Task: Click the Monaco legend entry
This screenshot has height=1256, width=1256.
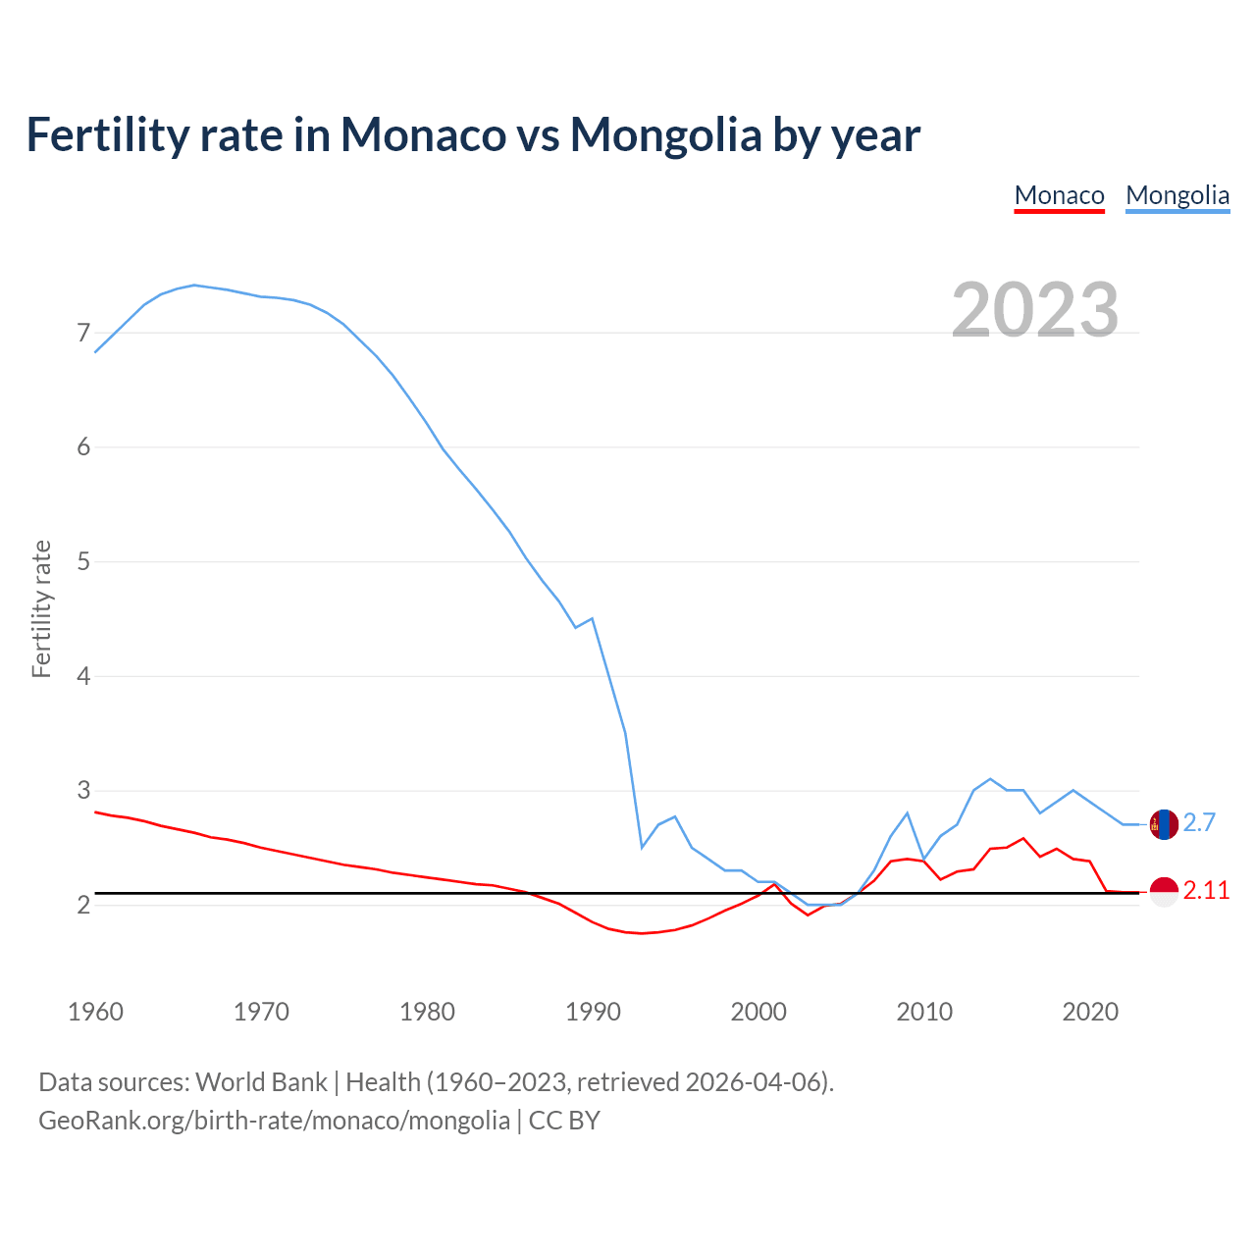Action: click(1059, 195)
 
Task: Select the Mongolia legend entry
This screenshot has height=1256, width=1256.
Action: click(1177, 195)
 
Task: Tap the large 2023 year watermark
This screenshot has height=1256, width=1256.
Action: click(1034, 310)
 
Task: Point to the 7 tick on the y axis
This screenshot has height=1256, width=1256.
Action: click(83, 334)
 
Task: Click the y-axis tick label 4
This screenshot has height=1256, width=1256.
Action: click(83, 676)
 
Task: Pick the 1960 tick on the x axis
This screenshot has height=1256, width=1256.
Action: click(95, 1012)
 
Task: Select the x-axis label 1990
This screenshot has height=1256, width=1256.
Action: click(593, 1012)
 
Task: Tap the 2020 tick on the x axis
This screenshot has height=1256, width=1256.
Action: click(1090, 1012)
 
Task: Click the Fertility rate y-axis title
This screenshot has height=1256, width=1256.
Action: click(41, 608)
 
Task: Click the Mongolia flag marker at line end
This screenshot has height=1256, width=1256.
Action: click(1164, 824)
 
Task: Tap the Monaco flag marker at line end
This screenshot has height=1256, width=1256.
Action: click(1164, 892)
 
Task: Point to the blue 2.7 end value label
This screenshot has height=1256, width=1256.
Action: click(1199, 823)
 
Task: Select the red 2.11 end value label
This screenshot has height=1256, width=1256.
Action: click(1206, 891)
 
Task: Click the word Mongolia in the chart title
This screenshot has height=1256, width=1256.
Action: click(665, 134)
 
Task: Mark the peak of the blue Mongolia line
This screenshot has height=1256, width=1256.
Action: click(194, 285)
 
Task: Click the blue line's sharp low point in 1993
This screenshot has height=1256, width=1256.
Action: click(642, 847)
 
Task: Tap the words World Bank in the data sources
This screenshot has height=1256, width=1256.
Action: click(261, 1082)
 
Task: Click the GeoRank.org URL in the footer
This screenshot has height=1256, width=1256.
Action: click(274, 1121)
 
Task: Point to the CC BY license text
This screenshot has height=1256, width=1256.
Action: click(564, 1121)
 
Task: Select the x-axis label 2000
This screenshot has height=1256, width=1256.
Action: click(759, 1012)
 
